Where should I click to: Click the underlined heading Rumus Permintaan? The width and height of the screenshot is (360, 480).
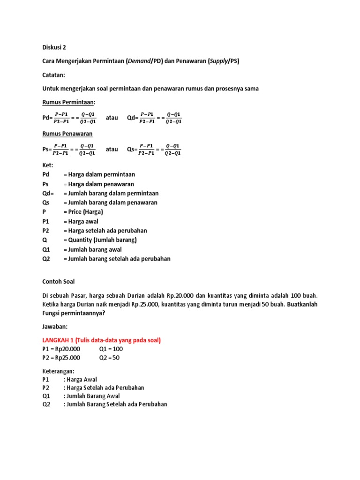pos(68,102)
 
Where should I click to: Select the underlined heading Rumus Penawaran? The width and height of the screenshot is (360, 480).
pos(67,134)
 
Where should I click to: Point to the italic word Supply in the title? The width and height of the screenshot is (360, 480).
pos(216,61)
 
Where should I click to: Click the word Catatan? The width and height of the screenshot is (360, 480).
pos(55,75)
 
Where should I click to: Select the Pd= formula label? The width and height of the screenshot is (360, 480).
pos(48,118)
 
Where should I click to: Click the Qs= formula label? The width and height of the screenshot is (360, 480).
pos(133,150)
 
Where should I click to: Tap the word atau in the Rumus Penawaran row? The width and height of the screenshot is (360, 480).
pos(112,150)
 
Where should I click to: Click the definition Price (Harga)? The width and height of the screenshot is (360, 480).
pos(83,212)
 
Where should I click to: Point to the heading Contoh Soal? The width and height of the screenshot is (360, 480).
pos(58,282)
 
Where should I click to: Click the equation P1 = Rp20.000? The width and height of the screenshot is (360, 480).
pos(61,349)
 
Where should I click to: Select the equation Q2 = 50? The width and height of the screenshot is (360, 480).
pos(109,358)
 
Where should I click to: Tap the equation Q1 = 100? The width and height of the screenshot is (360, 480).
pos(111,349)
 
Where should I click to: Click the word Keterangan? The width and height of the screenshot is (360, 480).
pos(58,371)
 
